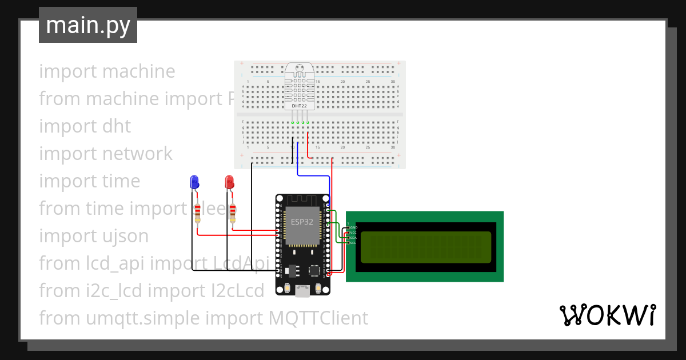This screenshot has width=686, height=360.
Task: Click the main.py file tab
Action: pyautogui.click(x=87, y=26)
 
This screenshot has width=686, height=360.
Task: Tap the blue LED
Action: pyautogui.click(x=194, y=182)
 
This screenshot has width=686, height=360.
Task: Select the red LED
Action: pyautogui.click(x=230, y=182)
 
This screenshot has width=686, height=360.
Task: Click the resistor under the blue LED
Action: pyautogui.click(x=197, y=212)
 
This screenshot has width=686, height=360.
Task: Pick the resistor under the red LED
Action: pyautogui.click(x=232, y=212)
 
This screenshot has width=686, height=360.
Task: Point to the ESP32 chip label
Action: pyautogui.click(x=301, y=222)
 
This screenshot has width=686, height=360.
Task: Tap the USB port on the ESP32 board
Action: pyautogui.click(x=302, y=291)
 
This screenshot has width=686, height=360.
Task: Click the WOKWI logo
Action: pyautogui.click(x=607, y=315)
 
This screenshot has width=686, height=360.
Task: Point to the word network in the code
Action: pyautogui.click(x=137, y=154)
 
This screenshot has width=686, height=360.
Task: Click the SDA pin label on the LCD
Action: pyautogui.click(x=353, y=238)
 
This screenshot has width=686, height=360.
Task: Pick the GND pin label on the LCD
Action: pyautogui.click(x=353, y=227)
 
